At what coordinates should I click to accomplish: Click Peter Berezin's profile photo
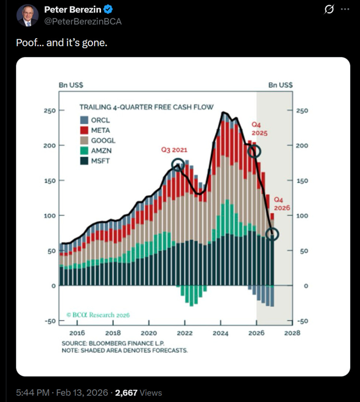coord(27,16)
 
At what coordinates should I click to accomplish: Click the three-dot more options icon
coord(345,10)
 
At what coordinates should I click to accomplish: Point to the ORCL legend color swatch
coord(84,120)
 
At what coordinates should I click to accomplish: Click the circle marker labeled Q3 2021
coord(178,165)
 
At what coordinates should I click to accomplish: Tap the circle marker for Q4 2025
coord(254,151)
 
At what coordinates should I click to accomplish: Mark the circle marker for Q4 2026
coord(273,234)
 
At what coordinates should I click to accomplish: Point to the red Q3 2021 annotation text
coord(174,150)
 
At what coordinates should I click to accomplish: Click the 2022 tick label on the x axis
coord(185,333)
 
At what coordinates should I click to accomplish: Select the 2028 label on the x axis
coord(292,333)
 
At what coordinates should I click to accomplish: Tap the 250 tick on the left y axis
coord(48,110)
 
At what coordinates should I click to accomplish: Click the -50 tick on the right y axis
coord(304,321)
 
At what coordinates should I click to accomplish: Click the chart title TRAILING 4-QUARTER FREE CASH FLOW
coord(146,107)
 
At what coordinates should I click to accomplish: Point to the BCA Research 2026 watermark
coord(97,315)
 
